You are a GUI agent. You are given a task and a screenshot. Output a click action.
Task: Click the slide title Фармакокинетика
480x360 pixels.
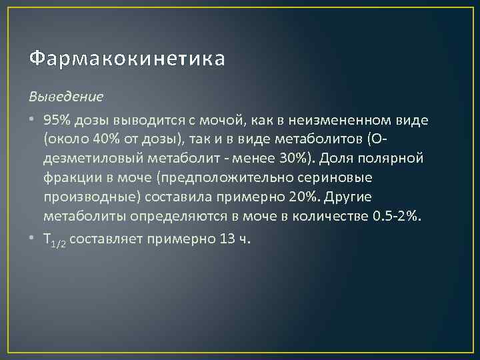[127, 59]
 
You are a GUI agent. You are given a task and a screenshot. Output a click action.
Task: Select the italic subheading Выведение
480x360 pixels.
[66, 96]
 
